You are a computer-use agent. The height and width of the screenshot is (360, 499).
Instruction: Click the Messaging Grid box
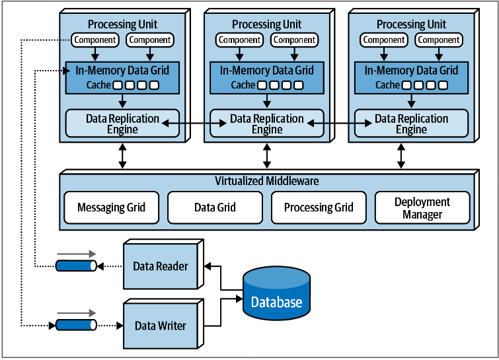[x=112, y=207]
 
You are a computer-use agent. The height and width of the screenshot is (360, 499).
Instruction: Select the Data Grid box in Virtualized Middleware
[x=215, y=207]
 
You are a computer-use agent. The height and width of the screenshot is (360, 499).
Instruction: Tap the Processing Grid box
[x=319, y=207]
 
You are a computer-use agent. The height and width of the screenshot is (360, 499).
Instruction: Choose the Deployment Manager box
[x=422, y=207]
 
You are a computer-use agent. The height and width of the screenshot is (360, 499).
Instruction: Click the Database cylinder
[x=276, y=293]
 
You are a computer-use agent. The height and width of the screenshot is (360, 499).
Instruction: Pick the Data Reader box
[x=161, y=266]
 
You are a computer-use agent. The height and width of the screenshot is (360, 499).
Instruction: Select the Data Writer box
[x=161, y=326]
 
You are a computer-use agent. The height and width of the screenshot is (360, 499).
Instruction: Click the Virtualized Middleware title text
[x=267, y=180]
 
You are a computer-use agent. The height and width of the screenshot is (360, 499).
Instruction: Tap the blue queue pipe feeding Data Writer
[x=77, y=325]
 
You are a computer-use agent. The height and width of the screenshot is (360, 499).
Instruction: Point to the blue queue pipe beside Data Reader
[x=77, y=266]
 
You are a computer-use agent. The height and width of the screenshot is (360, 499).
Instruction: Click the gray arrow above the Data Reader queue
[x=77, y=254]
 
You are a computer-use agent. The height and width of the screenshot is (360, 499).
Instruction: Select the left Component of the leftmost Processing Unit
[x=95, y=40]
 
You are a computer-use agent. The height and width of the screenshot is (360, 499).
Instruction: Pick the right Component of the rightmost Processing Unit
[x=439, y=40]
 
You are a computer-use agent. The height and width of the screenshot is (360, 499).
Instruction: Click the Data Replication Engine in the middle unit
[x=267, y=124]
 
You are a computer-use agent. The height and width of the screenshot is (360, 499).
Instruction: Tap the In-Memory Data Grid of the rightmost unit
[x=411, y=78]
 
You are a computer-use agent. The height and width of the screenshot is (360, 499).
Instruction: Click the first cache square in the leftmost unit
[x=118, y=85]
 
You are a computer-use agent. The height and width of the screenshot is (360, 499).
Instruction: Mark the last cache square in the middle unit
[x=299, y=85]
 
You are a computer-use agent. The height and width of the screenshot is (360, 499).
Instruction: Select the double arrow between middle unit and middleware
[x=267, y=156]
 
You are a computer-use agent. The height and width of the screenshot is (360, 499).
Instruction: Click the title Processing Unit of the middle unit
[x=267, y=24]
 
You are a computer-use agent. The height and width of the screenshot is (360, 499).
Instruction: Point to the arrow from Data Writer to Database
[x=221, y=312]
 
